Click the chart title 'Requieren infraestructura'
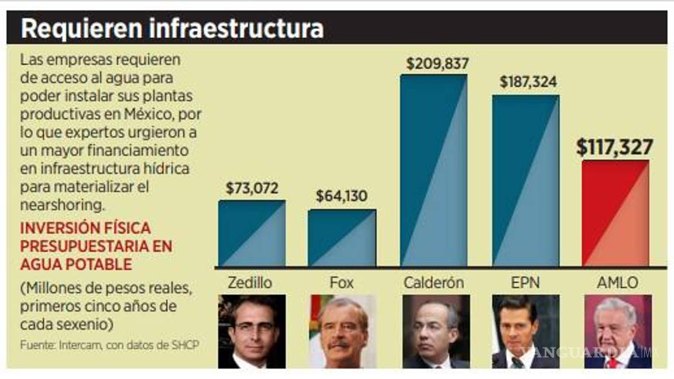172,28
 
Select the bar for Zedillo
252,233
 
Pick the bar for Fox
342,238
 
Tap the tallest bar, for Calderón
434,170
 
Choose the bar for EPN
525,180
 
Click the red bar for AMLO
615,213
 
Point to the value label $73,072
252,188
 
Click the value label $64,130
342,197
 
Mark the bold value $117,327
614,147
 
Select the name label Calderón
434,282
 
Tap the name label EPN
525,282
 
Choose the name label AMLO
617,282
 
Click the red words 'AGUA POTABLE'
76,264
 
